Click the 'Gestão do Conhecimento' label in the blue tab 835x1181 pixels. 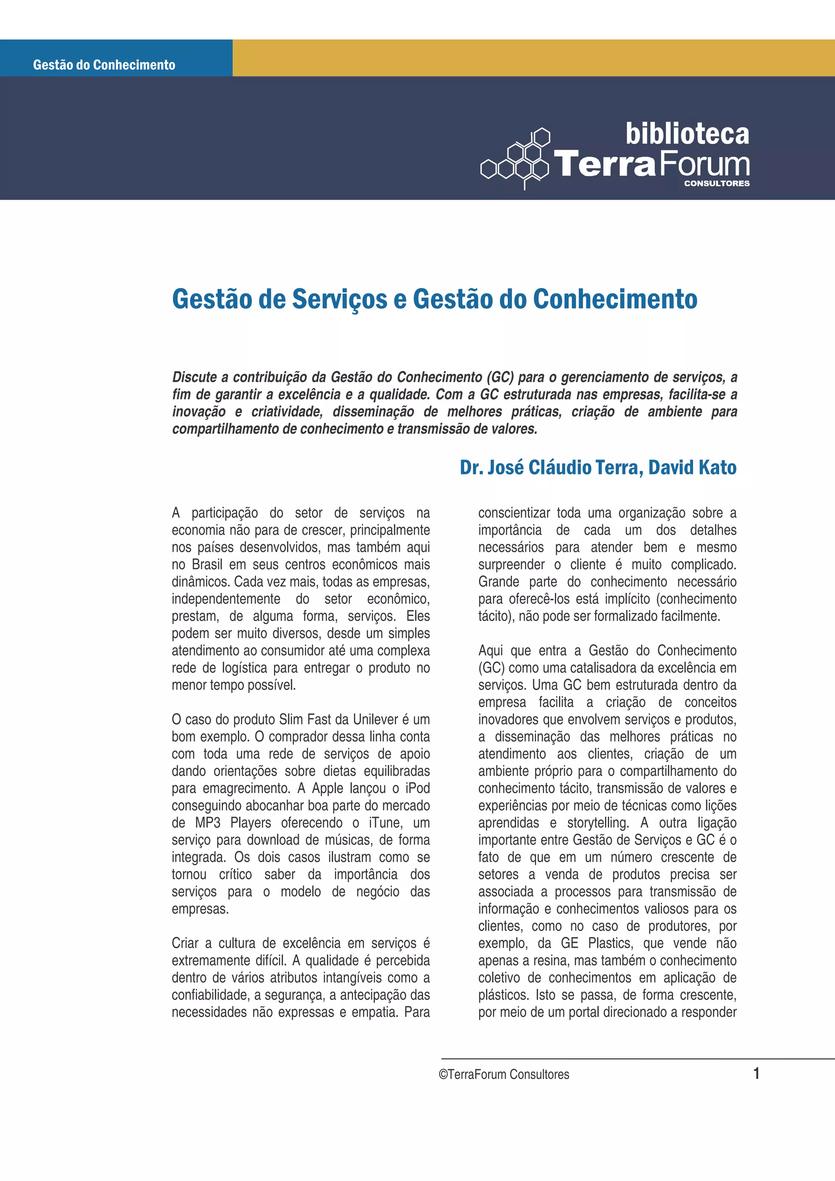[x=104, y=65]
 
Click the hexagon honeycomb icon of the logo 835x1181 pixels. [x=515, y=159]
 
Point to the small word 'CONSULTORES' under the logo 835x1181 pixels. [x=716, y=183]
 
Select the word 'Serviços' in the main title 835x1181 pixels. [x=340, y=300]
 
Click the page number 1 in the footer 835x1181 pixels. [x=756, y=1073]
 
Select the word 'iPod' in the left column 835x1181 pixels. [x=417, y=788]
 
